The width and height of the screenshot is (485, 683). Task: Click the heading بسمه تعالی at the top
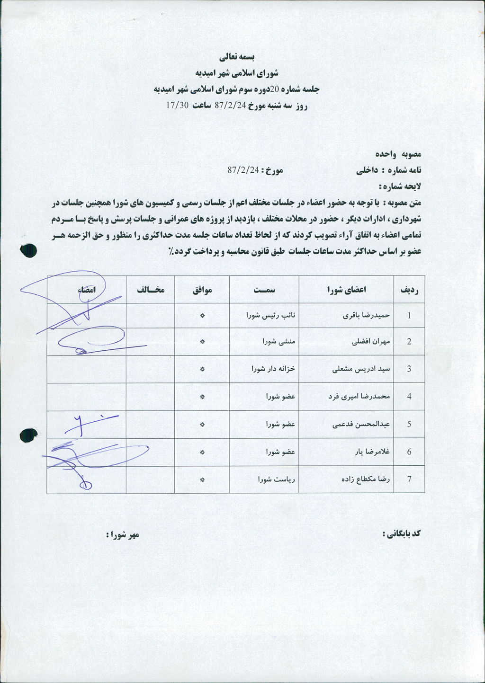pyautogui.click(x=237, y=57)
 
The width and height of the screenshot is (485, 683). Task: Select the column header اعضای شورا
pyautogui.click(x=346, y=290)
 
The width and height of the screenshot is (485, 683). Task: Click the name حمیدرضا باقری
pyautogui.click(x=366, y=315)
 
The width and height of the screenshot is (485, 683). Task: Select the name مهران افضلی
pyautogui.click(x=371, y=342)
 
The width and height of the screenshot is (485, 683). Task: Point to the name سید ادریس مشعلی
pyautogui.click(x=362, y=369)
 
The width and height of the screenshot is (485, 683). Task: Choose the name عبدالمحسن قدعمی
pyautogui.click(x=361, y=424)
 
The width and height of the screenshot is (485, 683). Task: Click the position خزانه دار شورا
pyautogui.click(x=273, y=369)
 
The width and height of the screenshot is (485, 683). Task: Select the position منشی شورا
pyautogui.click(x=279, y=342)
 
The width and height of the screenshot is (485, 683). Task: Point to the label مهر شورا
pyautogui.click(x=123, y=534)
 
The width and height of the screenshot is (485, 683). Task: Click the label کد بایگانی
pyautogui.click(x=402, y=534)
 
